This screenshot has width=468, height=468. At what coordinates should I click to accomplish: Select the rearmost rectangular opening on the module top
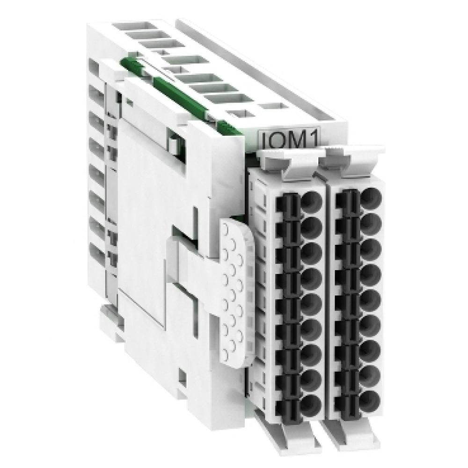[129, 26]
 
